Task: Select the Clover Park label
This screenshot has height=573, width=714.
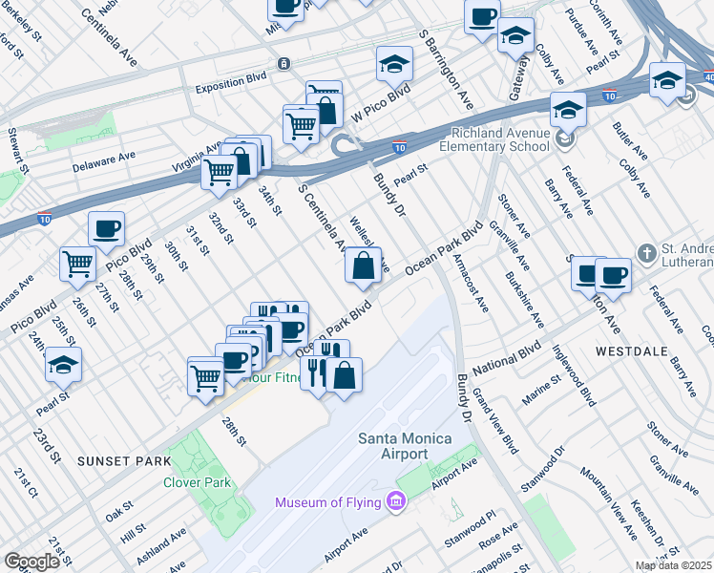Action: [197, 483]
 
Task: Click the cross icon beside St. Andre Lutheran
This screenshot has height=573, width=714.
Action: [648, 253]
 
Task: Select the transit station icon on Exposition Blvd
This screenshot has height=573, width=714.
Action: [283, 64]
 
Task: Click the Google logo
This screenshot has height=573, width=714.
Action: [31, 562]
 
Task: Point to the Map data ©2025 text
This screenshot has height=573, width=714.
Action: [672, 565]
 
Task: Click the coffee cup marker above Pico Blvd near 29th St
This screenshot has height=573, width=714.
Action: [106, 229]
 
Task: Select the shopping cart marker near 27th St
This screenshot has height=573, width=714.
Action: [78, 264]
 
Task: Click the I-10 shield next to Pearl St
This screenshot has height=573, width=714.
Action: [399, 147]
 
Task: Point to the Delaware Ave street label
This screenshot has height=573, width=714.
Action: [105, 158]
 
